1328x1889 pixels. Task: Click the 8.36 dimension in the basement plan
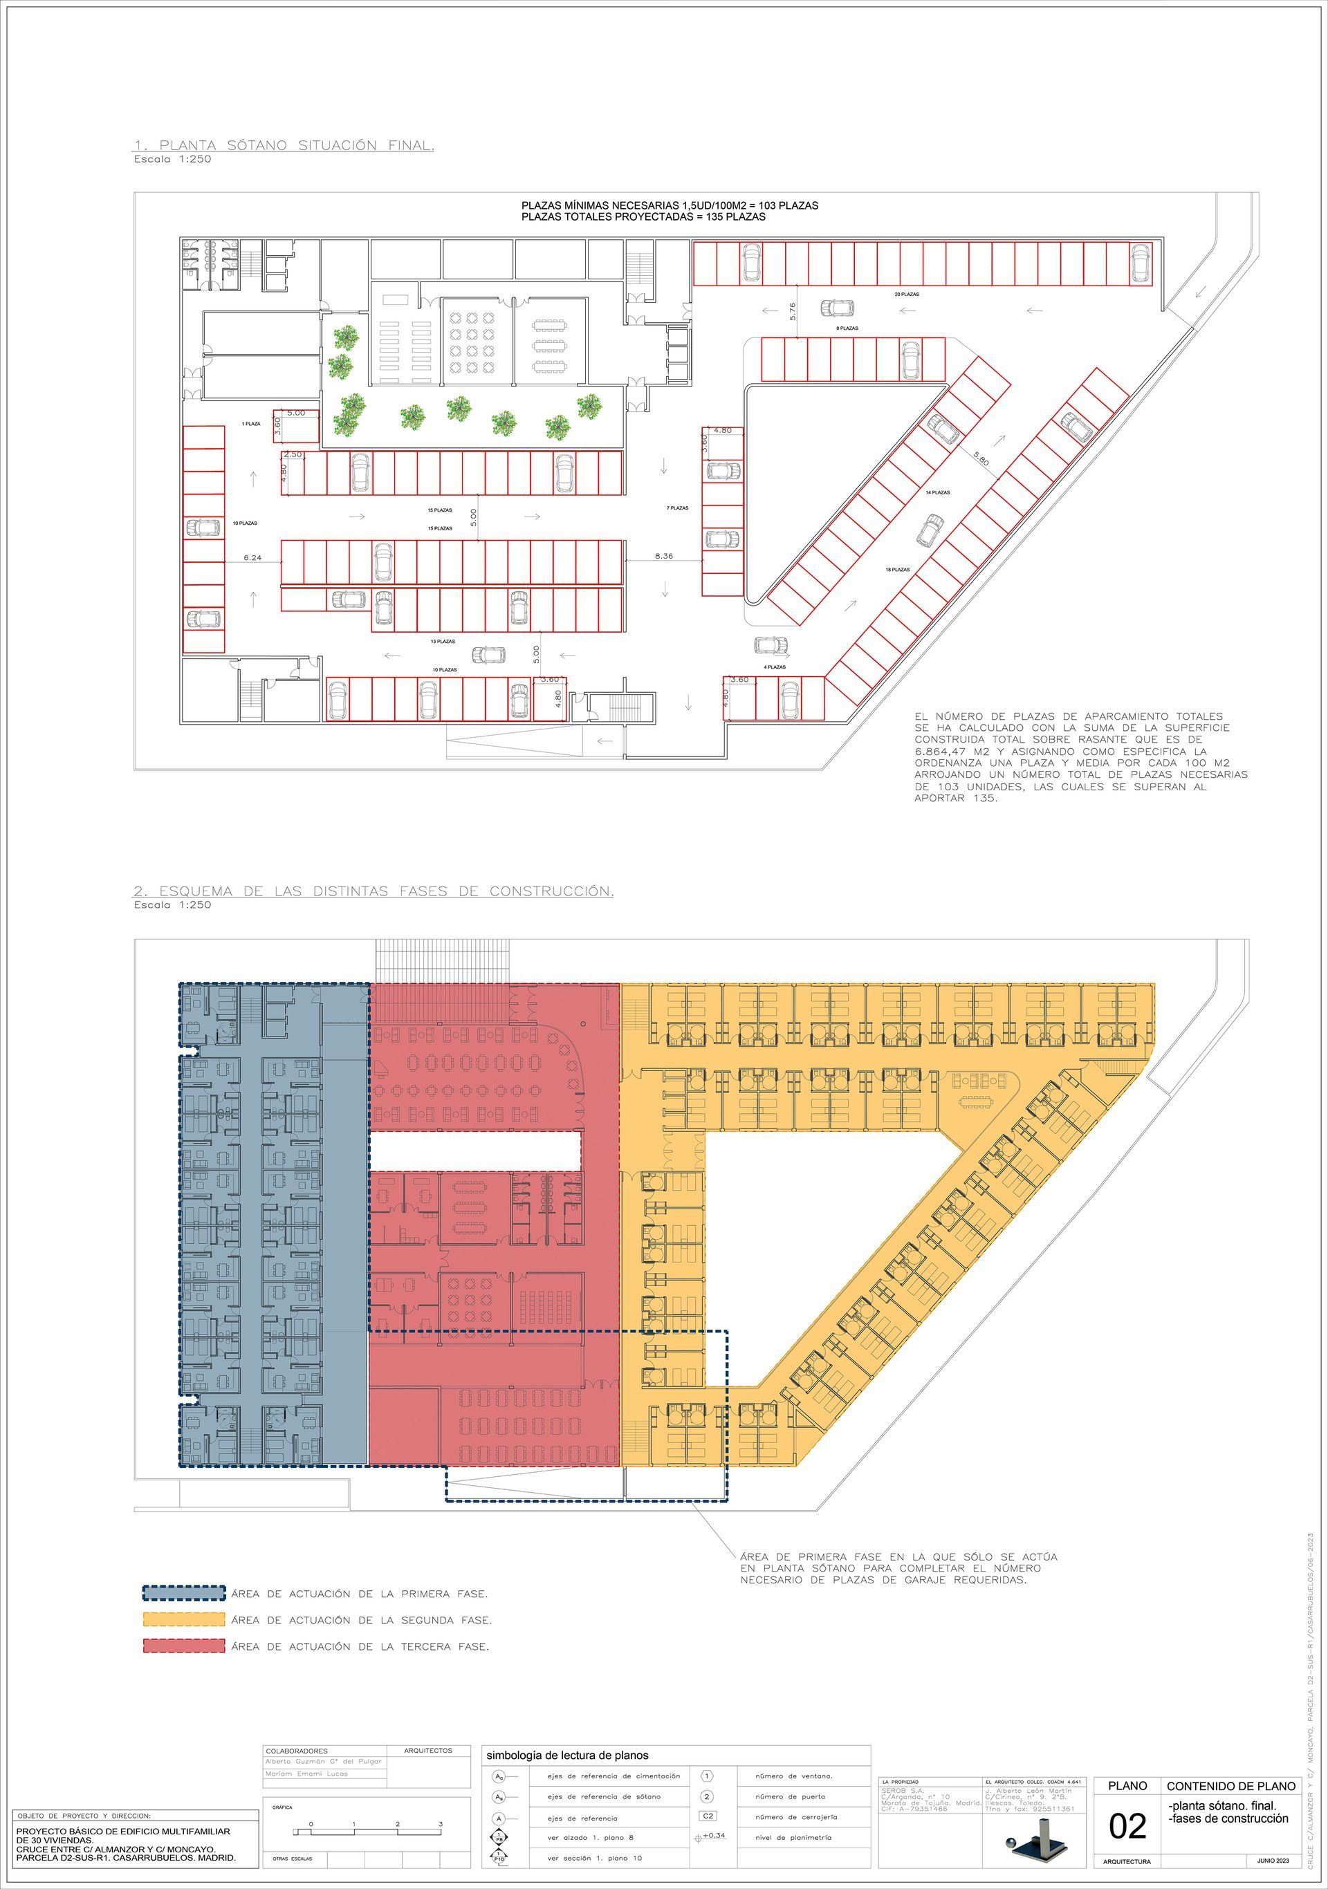pyautogui.click(x=663, y=556)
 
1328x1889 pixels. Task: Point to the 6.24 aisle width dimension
pyautogui.click(x=252, y=558)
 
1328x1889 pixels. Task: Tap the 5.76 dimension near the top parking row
pyautogui.click(x=791, y=311)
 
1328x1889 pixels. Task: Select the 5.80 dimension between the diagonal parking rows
pyautogui.click(x=981, y=459)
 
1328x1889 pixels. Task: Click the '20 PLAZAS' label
pyautogui.click(x=907, y=294)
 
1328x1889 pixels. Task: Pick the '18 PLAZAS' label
pyautogui.click(x=898, y=569)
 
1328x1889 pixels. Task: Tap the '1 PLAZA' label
pyautogui.click(x=251, y=424)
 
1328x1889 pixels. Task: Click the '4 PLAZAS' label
pyautogui.click(x=774, y=667)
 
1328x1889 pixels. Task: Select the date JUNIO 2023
pyautogui.click(x=1273, y=1860)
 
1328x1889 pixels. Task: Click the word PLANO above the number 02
pyautogui.click(x=1127, y=1785)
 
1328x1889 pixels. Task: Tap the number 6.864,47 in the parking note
pyautogui.click(x=946, y=751)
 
